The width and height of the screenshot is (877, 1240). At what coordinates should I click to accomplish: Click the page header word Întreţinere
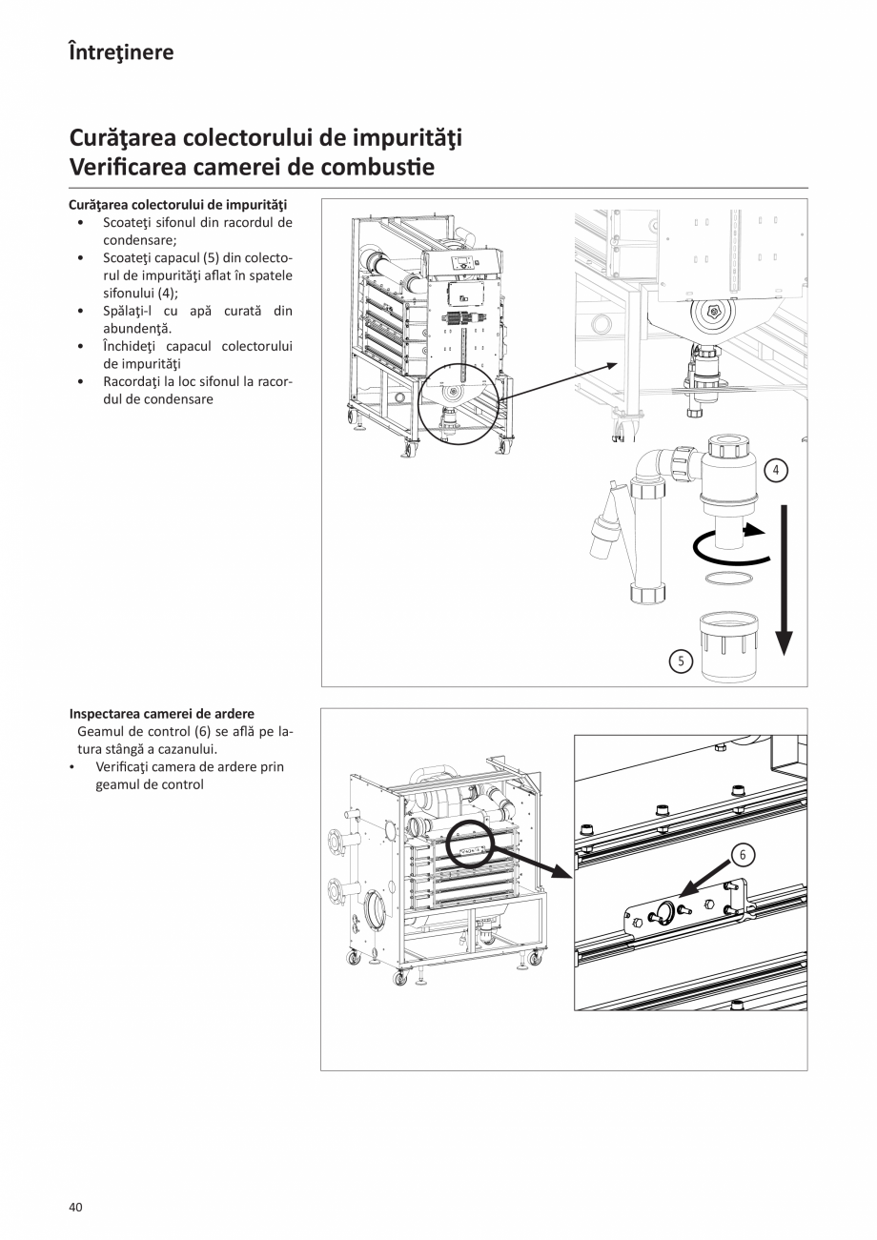[x=121, y=52]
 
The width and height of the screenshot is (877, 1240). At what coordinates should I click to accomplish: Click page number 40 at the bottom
[x=76, y=1207]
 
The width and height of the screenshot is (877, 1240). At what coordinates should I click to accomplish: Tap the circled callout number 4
[x=776, y=470]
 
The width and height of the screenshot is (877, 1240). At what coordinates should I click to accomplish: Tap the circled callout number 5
[x=680, y=661]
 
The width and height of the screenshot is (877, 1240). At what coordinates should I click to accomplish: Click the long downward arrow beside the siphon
[x=783, y=581]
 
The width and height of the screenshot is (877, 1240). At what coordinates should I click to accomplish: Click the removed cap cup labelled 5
[x=729, y=648]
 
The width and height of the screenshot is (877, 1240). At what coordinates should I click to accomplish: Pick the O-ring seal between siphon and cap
[x=728, y=579]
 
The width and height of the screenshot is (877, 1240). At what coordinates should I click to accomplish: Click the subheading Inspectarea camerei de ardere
[x=162, y=714]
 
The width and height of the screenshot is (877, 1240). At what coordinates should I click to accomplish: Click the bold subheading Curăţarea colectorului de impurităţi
[x=178, y=205]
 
